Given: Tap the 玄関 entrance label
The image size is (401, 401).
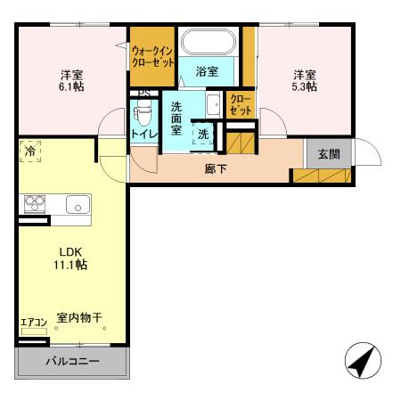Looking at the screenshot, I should (329, 153).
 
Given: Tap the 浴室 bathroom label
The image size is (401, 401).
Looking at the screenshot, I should (207, 72).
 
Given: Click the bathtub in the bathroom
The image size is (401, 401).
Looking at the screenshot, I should (207, 42).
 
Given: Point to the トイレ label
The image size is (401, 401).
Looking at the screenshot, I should (143, 134).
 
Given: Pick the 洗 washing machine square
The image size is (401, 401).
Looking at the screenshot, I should (203, 135).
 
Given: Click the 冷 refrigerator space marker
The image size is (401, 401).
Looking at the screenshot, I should (30, 151).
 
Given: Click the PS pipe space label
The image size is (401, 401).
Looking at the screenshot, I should (141, 92).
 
